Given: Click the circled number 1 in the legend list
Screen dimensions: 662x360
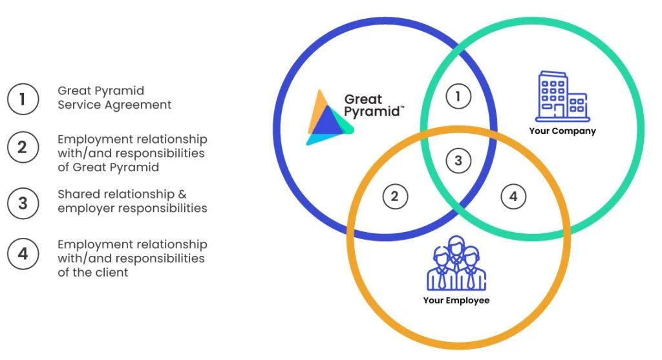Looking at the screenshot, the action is [23, 99].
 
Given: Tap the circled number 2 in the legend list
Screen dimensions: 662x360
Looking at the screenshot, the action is [23, 148].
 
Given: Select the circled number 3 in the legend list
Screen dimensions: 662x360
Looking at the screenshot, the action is [23, 204].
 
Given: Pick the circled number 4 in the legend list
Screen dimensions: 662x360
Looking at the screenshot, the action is [23, 253].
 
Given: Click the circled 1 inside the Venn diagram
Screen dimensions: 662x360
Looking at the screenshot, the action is [458, 96].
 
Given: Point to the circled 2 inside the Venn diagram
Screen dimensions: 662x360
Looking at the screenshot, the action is [395, 196].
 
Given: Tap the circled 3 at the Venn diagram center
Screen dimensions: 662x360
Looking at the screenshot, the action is [458, 160].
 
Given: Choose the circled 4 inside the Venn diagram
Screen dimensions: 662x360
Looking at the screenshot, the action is [513, 196].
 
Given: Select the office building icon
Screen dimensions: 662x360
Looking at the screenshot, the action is [562, 97].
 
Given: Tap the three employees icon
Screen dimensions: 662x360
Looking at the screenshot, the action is [456, 263].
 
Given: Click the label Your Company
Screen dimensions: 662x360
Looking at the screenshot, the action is [562, 131].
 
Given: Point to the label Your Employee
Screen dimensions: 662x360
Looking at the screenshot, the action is [456, 301].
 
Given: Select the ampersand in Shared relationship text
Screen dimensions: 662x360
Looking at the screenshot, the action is [182, 194].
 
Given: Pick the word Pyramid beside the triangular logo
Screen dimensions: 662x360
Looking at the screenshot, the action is [372, 112].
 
